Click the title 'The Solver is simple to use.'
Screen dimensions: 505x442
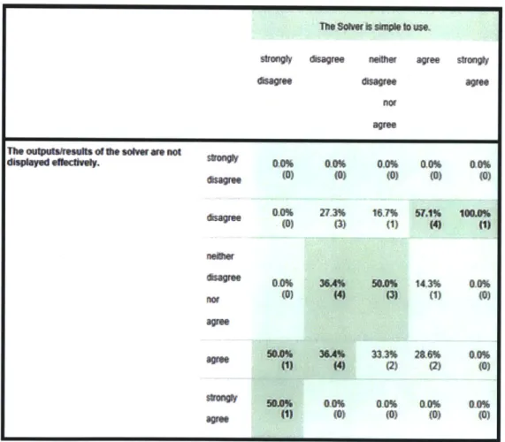coord(375,27)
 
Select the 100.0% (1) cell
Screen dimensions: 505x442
coord(475,218)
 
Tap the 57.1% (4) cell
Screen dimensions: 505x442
coord(428,218)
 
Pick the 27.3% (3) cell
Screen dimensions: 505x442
coord(333,218)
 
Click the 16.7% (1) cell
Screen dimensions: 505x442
coord(386,218)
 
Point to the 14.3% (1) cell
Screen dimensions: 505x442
coord(428,289)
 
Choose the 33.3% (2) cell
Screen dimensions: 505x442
coord(385,360)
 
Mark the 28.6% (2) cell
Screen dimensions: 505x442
coord(427,360)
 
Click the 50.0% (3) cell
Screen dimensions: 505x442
coord(385,289)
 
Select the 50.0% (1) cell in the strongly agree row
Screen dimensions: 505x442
coord(279,408)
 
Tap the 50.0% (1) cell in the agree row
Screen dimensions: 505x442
coord(279,359)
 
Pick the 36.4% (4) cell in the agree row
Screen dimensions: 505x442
coord(332,359)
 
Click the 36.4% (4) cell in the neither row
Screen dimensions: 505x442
coord(332,289)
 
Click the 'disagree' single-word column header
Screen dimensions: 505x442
coord(327,59)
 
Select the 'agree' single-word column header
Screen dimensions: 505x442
coord(428,60)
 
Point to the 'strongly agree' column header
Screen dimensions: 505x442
coord(473,71)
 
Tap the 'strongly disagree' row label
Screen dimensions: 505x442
coord(224,169)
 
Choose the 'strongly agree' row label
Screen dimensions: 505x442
coord(222,408)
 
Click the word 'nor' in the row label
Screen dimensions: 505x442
coord(212,300)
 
